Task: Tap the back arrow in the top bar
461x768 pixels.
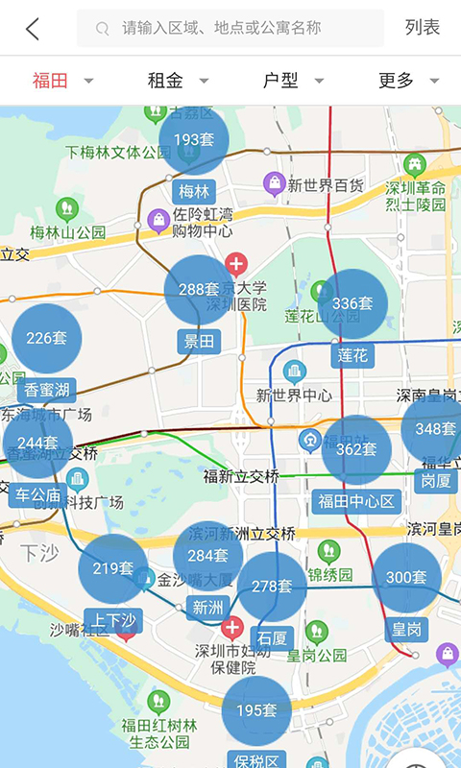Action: [33, 29]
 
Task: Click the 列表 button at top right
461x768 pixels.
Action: [423, 28]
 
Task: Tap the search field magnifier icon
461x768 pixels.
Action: [103, 29]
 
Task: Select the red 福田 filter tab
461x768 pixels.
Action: [51, 81]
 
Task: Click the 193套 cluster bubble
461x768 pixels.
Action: [194, 140]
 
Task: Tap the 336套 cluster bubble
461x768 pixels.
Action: [352, 304]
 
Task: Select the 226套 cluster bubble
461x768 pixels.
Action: [46, 338]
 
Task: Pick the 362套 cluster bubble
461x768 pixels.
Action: [356, 449]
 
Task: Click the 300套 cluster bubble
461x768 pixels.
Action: [406, 577]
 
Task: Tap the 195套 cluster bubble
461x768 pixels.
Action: [256, 711]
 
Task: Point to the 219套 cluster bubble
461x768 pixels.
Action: [113, 568]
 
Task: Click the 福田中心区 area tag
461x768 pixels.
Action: [355, 501]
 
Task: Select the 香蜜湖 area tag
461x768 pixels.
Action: [46, 390]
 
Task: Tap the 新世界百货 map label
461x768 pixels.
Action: [325, 184]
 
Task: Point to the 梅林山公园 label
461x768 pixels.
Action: [67, 231]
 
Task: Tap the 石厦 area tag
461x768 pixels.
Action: [272, 637]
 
